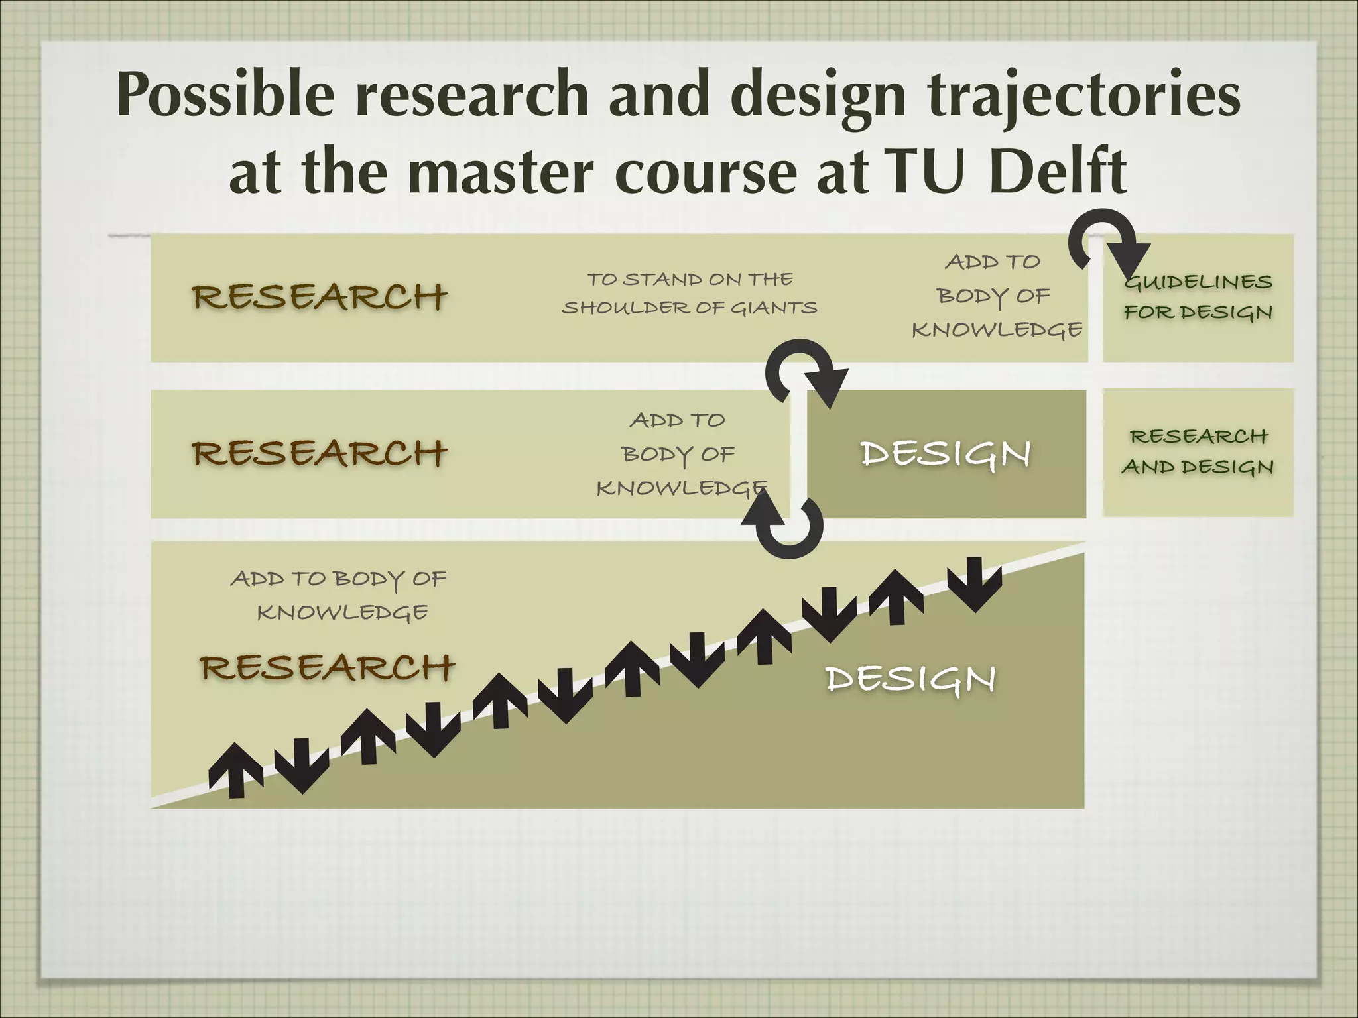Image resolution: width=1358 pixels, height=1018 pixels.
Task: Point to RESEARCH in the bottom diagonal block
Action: tap(328, 667)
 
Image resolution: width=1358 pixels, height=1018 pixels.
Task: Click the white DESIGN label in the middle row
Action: tap(946, 454)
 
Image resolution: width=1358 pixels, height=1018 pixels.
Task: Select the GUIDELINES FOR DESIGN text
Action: tap(1198, 296)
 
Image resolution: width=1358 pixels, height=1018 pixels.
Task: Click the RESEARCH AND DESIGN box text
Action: tap(1198, 451)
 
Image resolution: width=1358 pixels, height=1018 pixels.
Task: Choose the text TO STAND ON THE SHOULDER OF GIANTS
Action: tap(690, 294)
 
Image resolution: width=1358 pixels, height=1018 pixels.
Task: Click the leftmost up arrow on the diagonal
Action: tap(235, 769)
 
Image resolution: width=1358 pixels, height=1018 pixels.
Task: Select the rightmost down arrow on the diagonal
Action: tap(974, 583)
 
